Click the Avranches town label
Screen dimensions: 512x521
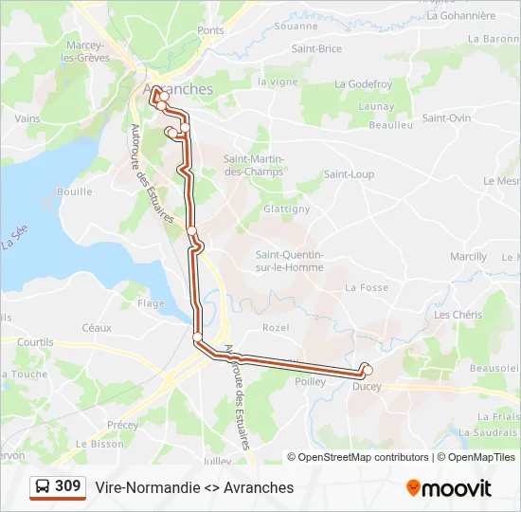click(x=183, y=89)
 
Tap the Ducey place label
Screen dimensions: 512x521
click(x=367, y=386)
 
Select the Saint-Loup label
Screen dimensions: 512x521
click(x=349, y=174)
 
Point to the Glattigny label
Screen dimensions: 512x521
click(x=286, y=209)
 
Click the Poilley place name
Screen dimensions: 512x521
click(x=310, y=382)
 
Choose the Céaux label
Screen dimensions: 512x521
click(x=97, y=327)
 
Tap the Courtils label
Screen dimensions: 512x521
click(x=35, y=342)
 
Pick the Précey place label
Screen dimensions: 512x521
click(x=122, y=425)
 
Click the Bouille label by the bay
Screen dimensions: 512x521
click(x=74, y=192)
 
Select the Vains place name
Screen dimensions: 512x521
click(x=27, y=119)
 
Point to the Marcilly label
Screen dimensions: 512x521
click(x=469, y=257)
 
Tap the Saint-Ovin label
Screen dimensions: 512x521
click(x=446, y=119)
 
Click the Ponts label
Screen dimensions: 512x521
click(x=210, y=30)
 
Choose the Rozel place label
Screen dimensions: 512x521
click(x=276, y=327)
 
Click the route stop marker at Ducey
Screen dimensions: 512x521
click(x=368, y=370)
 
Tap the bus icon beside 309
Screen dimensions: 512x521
click(x=43, y=486)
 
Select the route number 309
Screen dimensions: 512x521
click(x=68, y=486)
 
